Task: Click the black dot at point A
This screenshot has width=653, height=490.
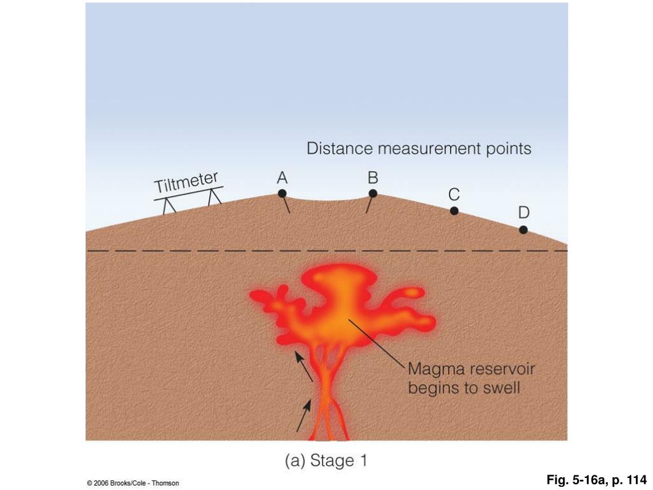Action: tap(282, 193)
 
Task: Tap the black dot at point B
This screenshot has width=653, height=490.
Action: tap(373, 193)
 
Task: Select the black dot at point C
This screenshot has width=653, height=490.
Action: tap(454, 211)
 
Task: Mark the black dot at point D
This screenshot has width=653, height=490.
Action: tap(523, 230)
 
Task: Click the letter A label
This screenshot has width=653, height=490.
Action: tap(282, 179)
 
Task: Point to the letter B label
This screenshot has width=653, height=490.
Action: tap(373, 178)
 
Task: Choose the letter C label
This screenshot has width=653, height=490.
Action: tap(454, 195)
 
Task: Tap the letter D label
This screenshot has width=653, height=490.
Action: tap(523, 212)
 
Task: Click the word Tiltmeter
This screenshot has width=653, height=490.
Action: tap(186, 182)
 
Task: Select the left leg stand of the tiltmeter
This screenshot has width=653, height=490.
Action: tap(169, 206)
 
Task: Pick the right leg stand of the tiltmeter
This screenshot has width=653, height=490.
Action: tap(214, 197)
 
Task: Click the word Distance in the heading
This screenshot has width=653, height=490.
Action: tap(340, 149)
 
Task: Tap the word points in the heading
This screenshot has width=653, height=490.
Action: tap(508, 149)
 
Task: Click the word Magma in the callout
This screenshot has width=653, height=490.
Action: tap(433, 369)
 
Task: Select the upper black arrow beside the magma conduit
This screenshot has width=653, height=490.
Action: tap(304, 366)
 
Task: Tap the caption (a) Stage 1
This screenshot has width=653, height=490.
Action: tap(326, 461)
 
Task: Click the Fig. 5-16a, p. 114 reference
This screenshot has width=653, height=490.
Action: tap(596, 480)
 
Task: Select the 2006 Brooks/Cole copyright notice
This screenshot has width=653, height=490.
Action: tap(133, 484)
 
